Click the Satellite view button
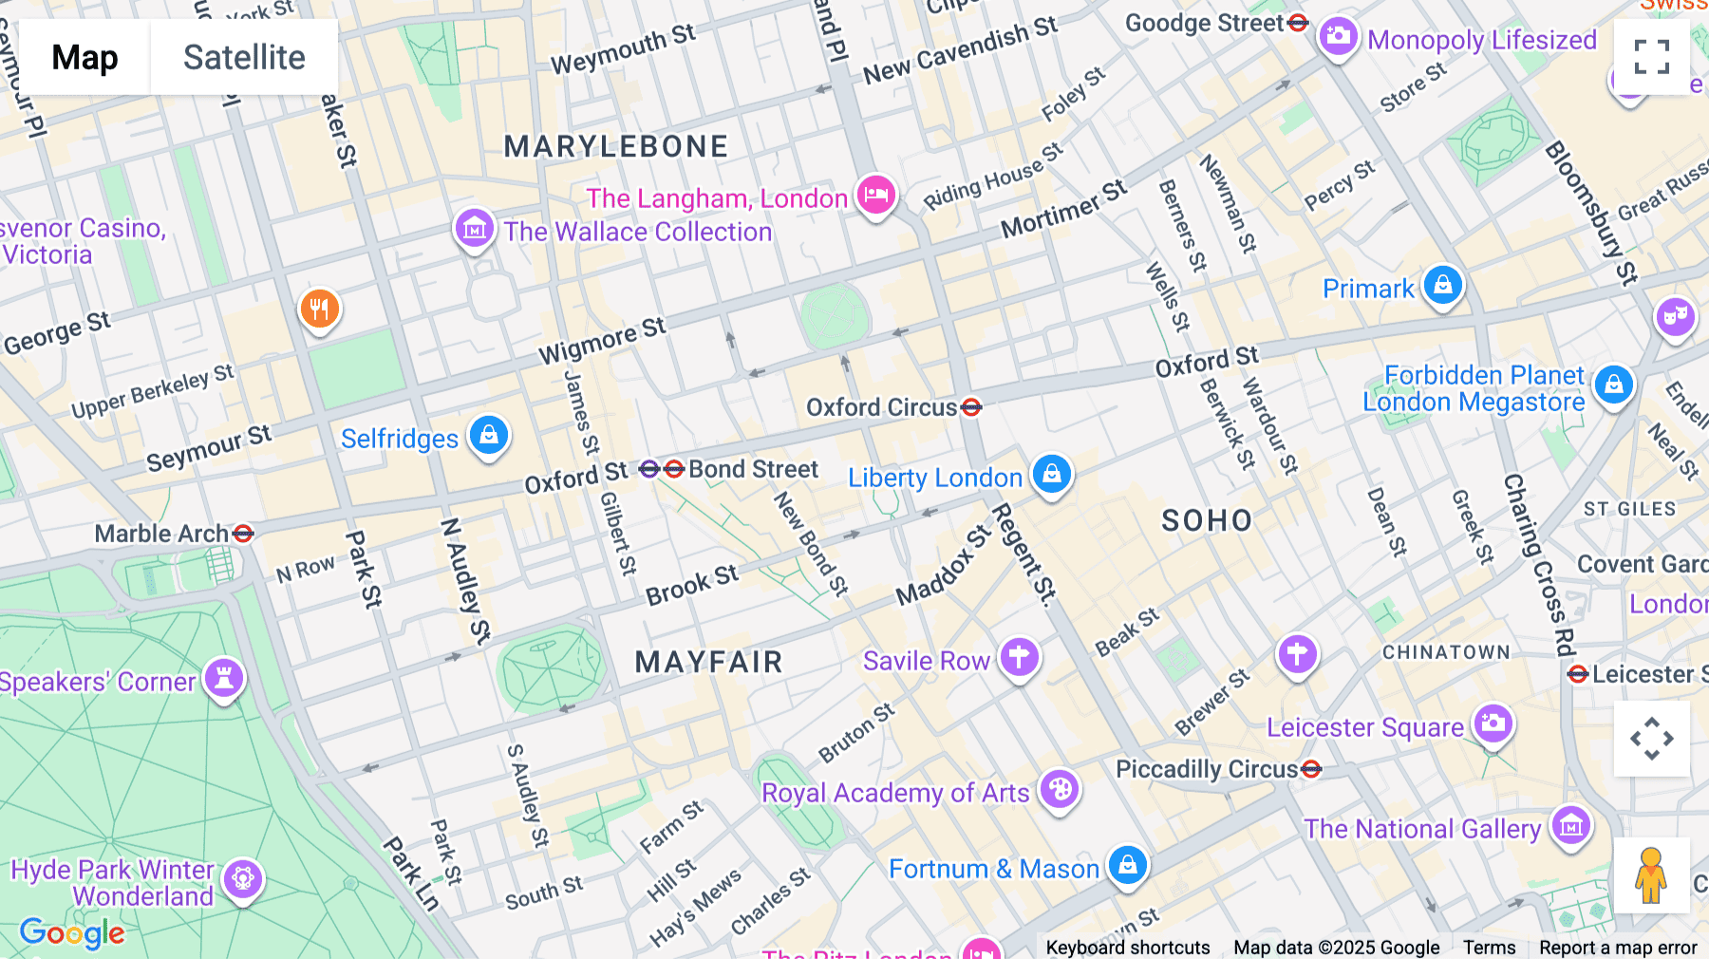[x=244, y=57]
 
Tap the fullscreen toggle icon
[x=1651, y=57]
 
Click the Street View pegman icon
[x=1651, y=874]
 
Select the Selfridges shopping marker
[x=489, y=435]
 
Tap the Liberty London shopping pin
[x=1052, y=472]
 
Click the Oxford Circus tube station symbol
[x=971, y=407]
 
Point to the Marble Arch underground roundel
[x=243, y=534]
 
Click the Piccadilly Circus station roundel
[x=1311, y=769]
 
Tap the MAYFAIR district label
[x=708, y=662]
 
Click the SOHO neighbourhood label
[x=1207, y=520]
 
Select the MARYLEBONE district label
[x=616, y=146]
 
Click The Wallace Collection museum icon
[x=474, y=228]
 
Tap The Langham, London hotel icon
[x=875, y=195]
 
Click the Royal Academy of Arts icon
[x=1060, y=788]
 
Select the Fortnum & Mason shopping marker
[x=1128, y=864]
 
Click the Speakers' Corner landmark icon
[x=224, y=678]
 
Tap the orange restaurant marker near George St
[x=320, y=309]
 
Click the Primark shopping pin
[x=1443, y=284]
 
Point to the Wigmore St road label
[x=602, y=341]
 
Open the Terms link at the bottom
[x=1489, y=948]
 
